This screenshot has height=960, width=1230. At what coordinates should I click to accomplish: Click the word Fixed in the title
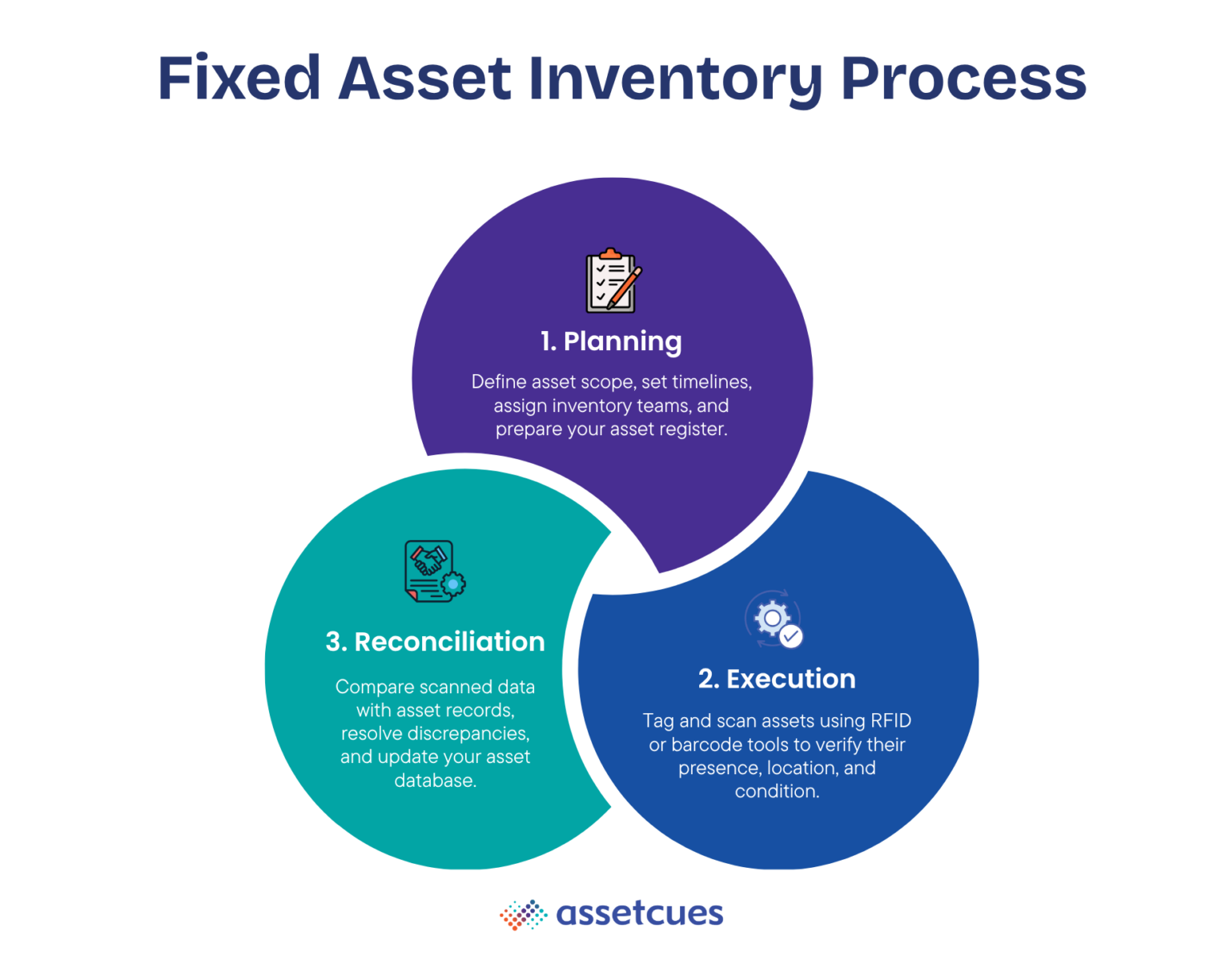(x=239, y=79)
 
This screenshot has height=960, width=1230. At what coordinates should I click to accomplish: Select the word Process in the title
(x=963, y=79)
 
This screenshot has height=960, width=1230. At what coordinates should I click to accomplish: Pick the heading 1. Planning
(x=611, y=341)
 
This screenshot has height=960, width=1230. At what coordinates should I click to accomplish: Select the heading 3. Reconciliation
(x=435, y=642)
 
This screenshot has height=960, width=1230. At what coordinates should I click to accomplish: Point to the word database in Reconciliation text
(x=435, y=781)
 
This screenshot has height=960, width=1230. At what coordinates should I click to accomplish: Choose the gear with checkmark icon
(x=774, y=620)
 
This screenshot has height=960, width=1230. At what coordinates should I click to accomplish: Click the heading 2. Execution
(x=777, y=680)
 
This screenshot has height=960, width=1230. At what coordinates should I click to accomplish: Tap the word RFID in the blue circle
(x=890, y=721)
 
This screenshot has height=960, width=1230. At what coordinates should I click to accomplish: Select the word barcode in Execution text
(x=706, y=745)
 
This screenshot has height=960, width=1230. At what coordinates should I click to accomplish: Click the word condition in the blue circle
(x=777, y=792)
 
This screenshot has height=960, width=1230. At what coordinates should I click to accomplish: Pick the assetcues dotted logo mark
(x=523, y=914)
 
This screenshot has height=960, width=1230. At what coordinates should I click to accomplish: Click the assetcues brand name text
(x=639, y=914)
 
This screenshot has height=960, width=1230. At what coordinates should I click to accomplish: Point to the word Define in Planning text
(x=498, y=382)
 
